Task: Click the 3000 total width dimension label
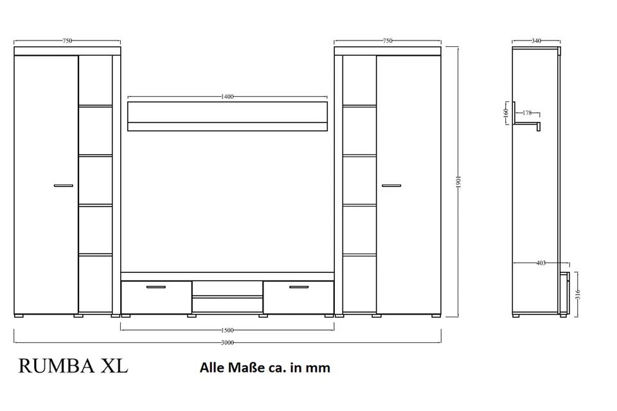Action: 228,343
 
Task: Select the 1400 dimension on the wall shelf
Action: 227,97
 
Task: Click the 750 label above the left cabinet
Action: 67,41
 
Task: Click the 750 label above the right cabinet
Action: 387,41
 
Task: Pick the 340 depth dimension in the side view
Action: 536,41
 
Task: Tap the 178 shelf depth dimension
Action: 527,113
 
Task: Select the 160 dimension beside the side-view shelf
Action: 506,113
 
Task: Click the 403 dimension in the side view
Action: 541,263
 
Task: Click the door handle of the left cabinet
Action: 63,186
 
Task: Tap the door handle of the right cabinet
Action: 391,186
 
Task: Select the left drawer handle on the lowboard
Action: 156,287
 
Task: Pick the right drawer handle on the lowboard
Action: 298,287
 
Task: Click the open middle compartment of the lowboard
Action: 227,288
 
